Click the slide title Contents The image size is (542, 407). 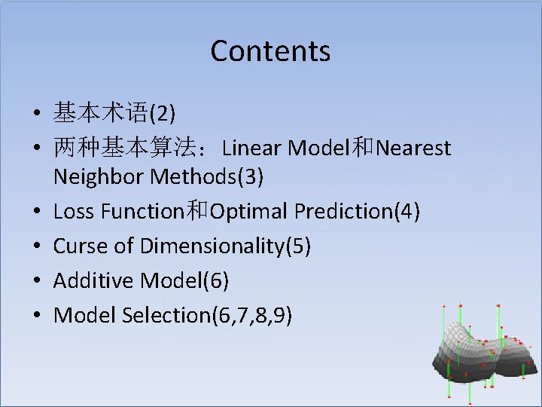(270, 51)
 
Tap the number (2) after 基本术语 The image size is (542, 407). (163, 114)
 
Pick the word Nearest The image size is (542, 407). (413, 148)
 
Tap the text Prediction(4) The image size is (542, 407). (358, 212)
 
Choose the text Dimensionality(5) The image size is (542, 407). (225, 246)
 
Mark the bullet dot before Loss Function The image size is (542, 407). (36, 213)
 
